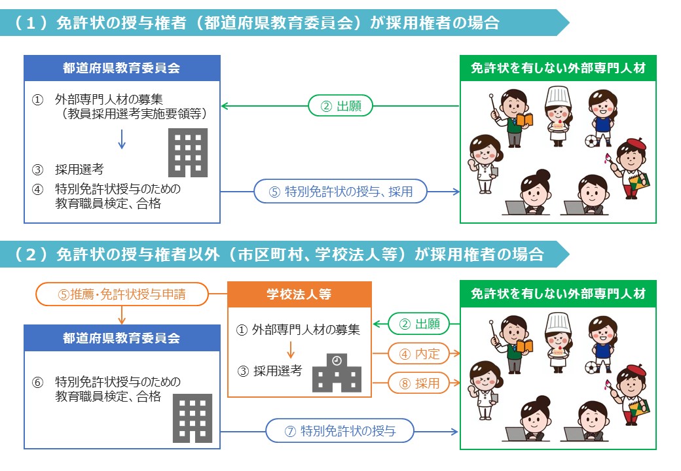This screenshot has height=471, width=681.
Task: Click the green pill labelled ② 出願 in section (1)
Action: (x=340, y=105)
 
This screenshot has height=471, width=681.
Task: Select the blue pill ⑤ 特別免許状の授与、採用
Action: (x=341, y=192)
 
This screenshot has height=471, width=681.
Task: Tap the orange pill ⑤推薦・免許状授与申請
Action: (x=122, y=294)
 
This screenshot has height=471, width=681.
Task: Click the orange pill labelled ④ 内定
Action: (x=419, y=354)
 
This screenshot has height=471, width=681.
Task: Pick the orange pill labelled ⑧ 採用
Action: (x=419, y=383)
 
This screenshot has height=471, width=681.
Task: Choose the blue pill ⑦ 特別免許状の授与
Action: (x=340, y=431)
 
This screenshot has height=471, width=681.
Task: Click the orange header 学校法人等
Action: (x=299, y=294)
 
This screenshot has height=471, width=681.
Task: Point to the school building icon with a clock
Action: (x=337, y=374)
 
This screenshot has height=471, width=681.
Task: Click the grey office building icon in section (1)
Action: (x=188, y=152)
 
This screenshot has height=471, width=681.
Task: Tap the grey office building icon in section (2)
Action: (x=193, y=418)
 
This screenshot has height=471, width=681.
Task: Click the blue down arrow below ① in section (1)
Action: (x=121, y=139)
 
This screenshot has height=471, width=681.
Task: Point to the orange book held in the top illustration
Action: (x=525, y=120)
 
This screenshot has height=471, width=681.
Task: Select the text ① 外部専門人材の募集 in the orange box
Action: (x=298, y=330)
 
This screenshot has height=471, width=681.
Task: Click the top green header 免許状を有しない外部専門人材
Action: (x=558, y=68)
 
